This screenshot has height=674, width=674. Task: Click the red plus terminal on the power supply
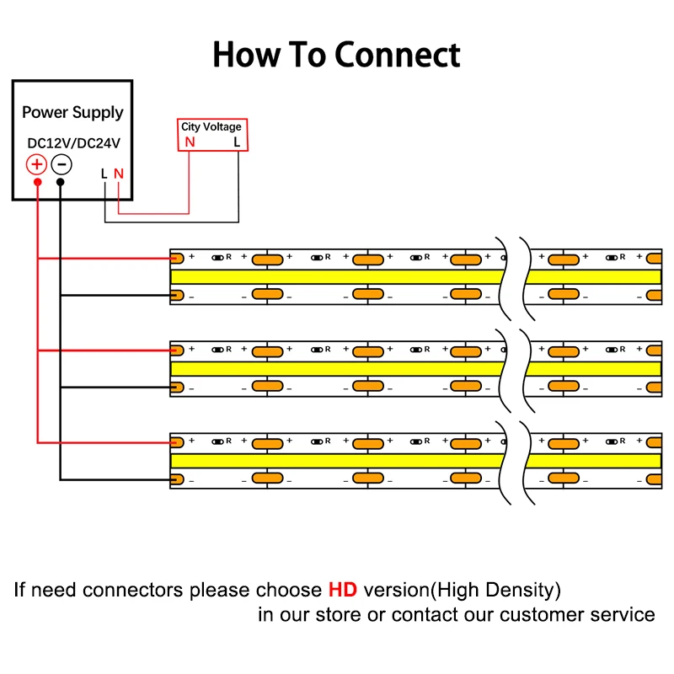click(37, 163)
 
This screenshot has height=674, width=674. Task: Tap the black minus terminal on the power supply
click(61, 163)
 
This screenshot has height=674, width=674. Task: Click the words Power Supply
click(72, 112)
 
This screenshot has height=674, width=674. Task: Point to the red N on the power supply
click(119, 174)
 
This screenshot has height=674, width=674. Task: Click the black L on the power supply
click(104, 174)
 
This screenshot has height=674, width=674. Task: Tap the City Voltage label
click(211, 127)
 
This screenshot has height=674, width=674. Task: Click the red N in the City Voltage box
click(190, 142)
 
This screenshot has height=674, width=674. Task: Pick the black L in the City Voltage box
click(237, 142)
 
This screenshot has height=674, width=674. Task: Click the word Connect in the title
click(398, 55)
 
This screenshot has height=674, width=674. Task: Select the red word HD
click(343, 589)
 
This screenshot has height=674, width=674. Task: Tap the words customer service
click(577, 614)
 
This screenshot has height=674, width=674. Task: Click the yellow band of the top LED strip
click(337, 276)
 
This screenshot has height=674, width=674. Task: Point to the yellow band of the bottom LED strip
click(337, 461)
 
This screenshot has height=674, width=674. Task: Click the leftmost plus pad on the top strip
click(177, 257)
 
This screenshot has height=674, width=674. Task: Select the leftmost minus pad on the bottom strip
click(176, 479)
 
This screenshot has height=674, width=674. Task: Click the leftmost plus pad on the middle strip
click(177, 349)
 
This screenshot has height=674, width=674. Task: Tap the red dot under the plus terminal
click(37, 181)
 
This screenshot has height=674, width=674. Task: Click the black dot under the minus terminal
click(61, 181)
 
